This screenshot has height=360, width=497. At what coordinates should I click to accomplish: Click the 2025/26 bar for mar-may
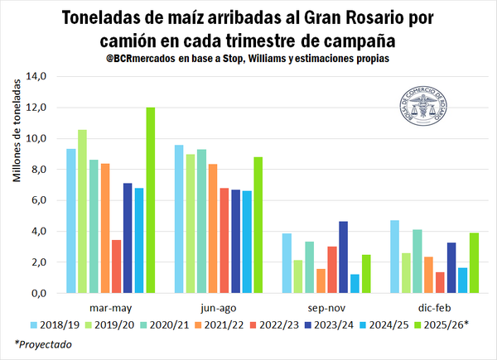(151, 200)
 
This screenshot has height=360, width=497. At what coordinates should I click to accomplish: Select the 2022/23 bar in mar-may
(117, 266)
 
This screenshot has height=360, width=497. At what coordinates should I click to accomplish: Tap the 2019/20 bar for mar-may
(82, 211)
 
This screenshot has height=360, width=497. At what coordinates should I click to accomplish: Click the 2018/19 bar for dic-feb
(395, 257)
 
